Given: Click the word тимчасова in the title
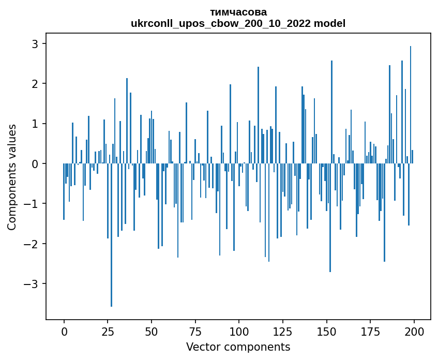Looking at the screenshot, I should [238, 12].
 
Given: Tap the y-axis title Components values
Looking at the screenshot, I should [12, 177].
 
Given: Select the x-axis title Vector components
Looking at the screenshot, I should [238, 347].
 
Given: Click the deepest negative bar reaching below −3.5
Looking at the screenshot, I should [111, 235].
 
